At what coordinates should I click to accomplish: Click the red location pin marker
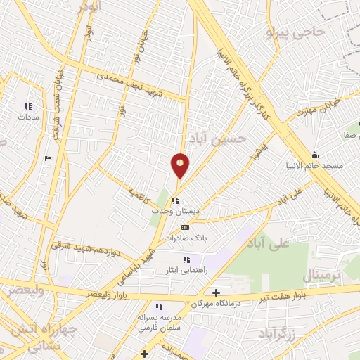coord(180,165)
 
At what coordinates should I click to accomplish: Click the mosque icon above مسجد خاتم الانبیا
coord(314,155)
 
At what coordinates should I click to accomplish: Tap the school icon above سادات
coord(28,107)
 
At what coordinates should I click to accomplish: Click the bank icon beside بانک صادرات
coord(185,227)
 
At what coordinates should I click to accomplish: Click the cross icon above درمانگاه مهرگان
coord(216,292)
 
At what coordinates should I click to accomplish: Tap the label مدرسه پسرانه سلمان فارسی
coord(159,322)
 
